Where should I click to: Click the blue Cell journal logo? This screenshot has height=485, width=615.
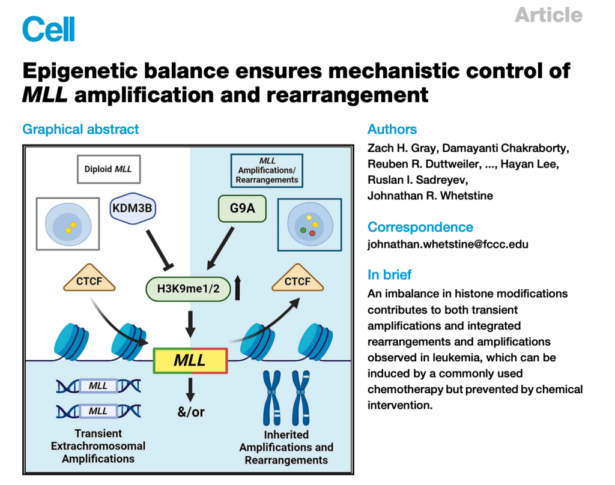[x=49, y=28]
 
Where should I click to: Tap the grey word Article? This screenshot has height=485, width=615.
[x=548, y=15]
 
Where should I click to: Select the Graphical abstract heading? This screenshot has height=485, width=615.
[x=80, y=129]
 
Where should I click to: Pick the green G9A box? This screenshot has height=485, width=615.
[x=243, y=209]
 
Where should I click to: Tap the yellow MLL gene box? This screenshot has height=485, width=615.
[x=190, y=360]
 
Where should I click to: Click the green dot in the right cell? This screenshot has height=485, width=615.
[x=304, y=229]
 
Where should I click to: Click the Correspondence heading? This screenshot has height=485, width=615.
[x=420, y=227]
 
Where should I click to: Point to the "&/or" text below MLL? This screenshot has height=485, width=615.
[x=190, y=413]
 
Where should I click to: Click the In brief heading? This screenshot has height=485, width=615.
[x=389, y=275]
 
